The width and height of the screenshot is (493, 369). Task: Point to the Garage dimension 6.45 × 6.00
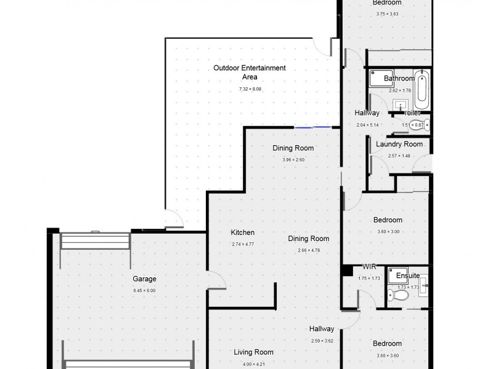tap(144, 290)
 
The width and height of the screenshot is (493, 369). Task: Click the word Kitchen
tap(242, 232)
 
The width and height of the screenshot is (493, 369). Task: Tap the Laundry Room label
tap(399, 145)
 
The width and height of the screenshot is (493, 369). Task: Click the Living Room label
tap(253, 352)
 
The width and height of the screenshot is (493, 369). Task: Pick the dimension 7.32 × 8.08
tap(250, 89)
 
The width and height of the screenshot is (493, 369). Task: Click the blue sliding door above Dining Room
tap(314, 127)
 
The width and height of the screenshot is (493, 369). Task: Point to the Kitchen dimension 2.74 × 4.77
tap(242, 244)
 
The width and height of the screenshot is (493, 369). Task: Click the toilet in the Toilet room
tap(424, 125)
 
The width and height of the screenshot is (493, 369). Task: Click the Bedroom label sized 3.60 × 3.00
tap(388, 220)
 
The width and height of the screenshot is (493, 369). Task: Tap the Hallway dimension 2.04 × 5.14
tap(367, 125)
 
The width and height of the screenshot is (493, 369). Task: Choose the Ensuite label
tap(409, 276)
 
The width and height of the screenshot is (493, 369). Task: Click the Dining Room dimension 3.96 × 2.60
tap(293, 160)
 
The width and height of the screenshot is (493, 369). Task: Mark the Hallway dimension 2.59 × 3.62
tap(322, 341)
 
